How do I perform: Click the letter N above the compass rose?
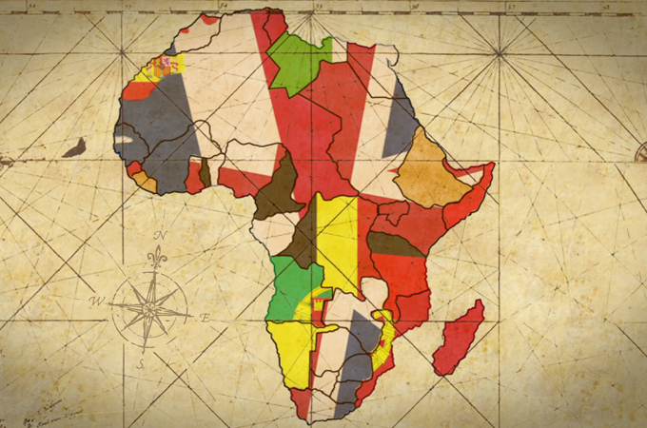pyautogui.click(x=161, y=235)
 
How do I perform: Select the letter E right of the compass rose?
pyautogui.click(x=202, y=316)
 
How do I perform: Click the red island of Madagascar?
pyautogui.click(x=459, y=339)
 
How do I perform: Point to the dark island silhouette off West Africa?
pyautogui.click(x=74, y=147)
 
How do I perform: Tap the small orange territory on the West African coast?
pyautogui.click(x=143, y=180)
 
